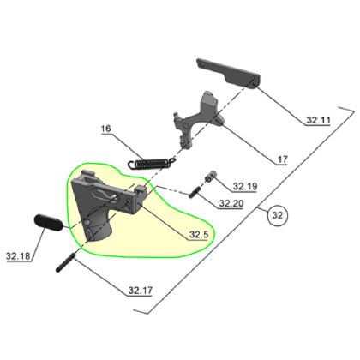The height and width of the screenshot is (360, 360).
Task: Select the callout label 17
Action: click(281, 159)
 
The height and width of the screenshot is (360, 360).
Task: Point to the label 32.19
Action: click(245, 186)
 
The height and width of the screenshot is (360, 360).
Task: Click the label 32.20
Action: click(231, 204)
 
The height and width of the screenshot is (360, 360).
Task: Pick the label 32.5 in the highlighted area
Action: click(200, 233)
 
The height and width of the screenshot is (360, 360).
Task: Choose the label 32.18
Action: click(18, 255)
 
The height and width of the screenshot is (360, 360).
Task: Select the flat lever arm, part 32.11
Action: click(228, 72)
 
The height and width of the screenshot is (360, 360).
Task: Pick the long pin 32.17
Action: click(69, 260)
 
